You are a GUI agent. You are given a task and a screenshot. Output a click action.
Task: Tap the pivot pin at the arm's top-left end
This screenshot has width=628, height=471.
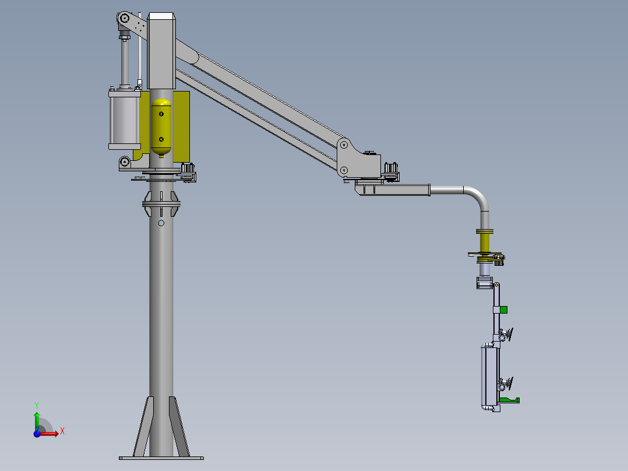coord(124,18)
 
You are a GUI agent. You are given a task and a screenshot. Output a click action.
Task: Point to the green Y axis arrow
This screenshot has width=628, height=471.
coord(37,421)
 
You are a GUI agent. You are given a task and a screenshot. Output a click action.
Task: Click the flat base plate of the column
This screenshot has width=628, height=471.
coord(161,458)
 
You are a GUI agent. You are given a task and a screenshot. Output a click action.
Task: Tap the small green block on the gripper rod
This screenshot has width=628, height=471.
coord(503,310)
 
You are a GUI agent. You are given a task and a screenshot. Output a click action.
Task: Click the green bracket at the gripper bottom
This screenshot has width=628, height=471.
coord(509,400)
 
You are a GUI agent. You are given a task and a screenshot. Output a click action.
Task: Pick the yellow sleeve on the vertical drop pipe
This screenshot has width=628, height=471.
coord(485,242)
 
